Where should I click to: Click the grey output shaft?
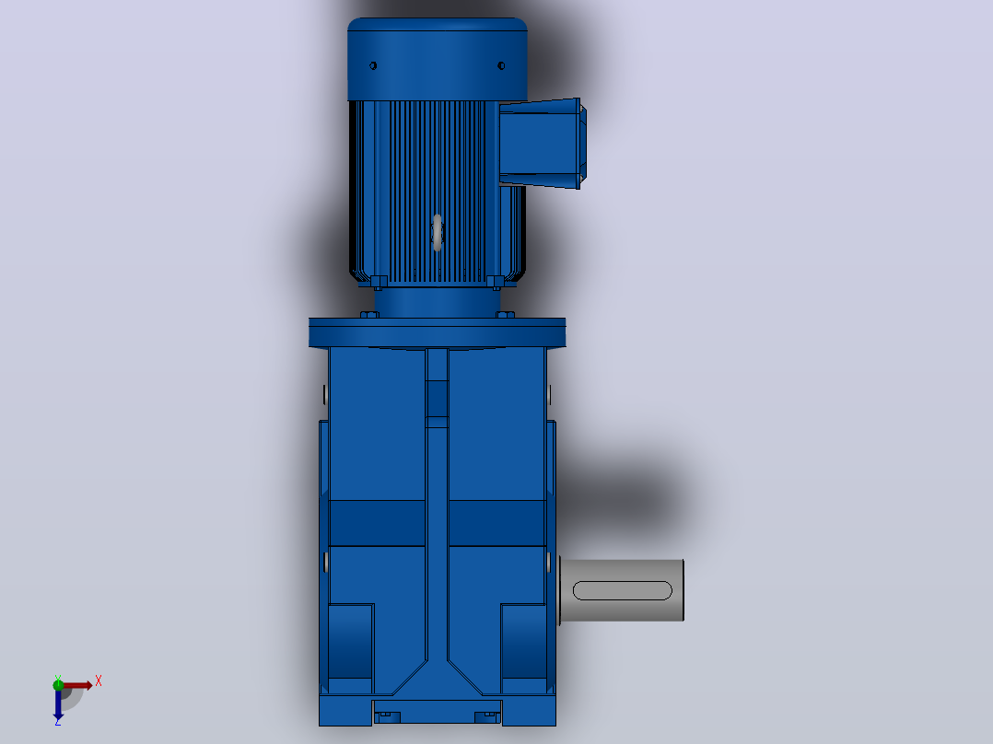[x=621, y=590]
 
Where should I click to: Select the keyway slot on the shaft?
[x=622, y=590]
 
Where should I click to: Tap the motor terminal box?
[x=542, y=143]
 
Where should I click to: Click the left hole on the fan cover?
[x=373, y=66]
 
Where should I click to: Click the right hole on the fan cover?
[x=501, y=66]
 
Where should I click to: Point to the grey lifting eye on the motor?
[x=437, y=232]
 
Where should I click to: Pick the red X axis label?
[x=99, y=681]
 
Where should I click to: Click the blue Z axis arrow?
[x=58, y=704]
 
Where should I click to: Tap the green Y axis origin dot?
[x=58, y=684]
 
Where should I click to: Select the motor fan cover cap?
[x=437, y=59]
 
